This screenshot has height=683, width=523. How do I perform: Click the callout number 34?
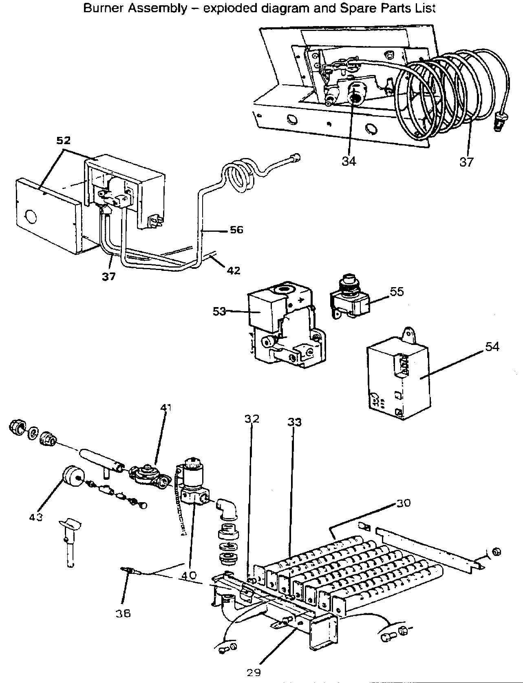click(349, 161)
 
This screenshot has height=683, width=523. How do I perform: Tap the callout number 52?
click(63, 141)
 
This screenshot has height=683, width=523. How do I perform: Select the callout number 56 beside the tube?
click(236, 230)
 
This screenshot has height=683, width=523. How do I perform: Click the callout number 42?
click(234, 270)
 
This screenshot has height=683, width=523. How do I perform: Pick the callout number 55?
click(397, 292)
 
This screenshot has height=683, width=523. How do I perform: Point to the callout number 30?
click(404, 503)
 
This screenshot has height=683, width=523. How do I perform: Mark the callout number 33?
click(294, 422)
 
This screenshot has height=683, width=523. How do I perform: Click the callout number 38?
click(123, 613)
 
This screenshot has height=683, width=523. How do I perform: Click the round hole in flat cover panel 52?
click(30, 215)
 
